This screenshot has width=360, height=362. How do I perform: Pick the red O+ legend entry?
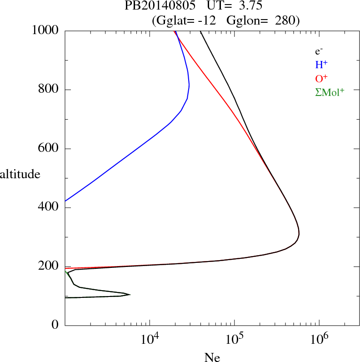(x=322, y=79)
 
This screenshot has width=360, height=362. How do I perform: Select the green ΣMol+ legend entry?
(x=330, y=92)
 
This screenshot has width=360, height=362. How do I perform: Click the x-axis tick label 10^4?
(x=150, y=338)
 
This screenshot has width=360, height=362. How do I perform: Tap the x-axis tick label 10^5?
(x=235, y=338)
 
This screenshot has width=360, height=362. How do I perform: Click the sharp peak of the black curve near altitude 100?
(x=130, y=295)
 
